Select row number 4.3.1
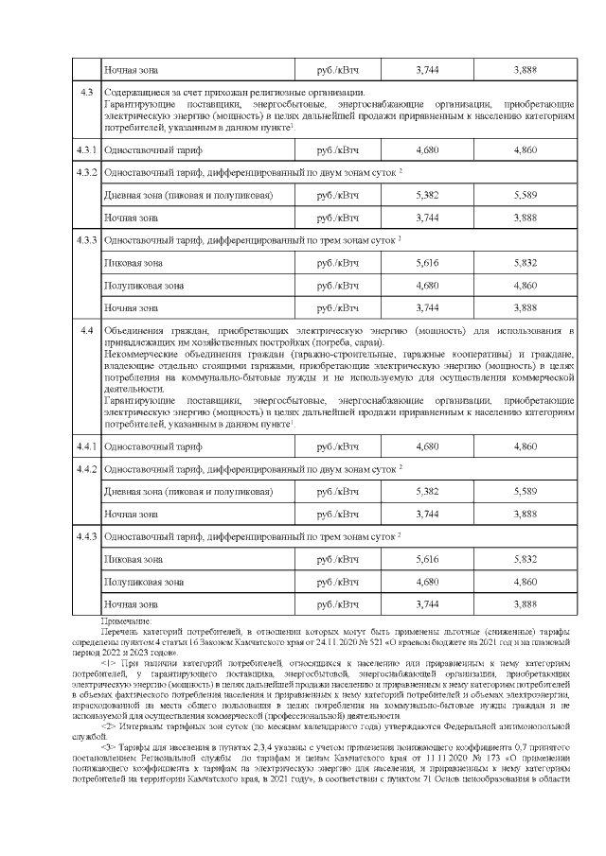click(87, 150)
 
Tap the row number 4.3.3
click(87, 239)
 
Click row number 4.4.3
click(87, 536)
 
